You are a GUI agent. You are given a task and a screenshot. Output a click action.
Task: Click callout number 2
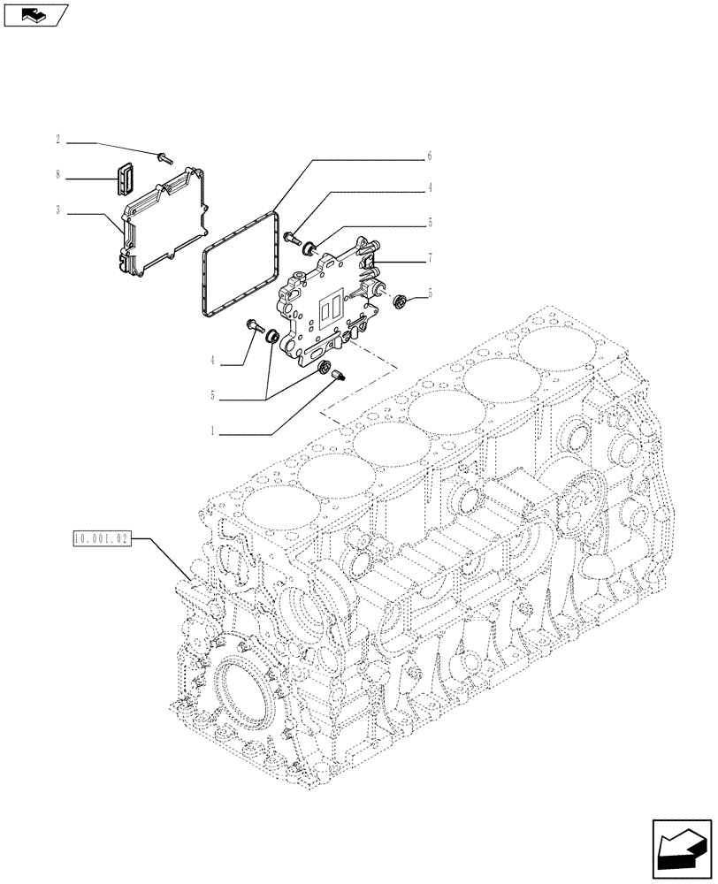pyautogui.click(x=57, y=141)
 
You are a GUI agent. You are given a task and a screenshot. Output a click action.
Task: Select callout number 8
pyautogui.click(x=57, y=176)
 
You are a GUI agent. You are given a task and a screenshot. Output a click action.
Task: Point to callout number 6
pyautogui.click(x=429, y=156)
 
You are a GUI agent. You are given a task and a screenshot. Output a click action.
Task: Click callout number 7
pyautogui.click(x=429, y=259)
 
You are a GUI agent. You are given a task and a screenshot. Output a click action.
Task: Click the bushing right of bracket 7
pyautogui.click(x=400, y=301)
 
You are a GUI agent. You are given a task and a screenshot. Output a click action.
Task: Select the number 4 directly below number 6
pyautogui.click(x=429, y=187)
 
